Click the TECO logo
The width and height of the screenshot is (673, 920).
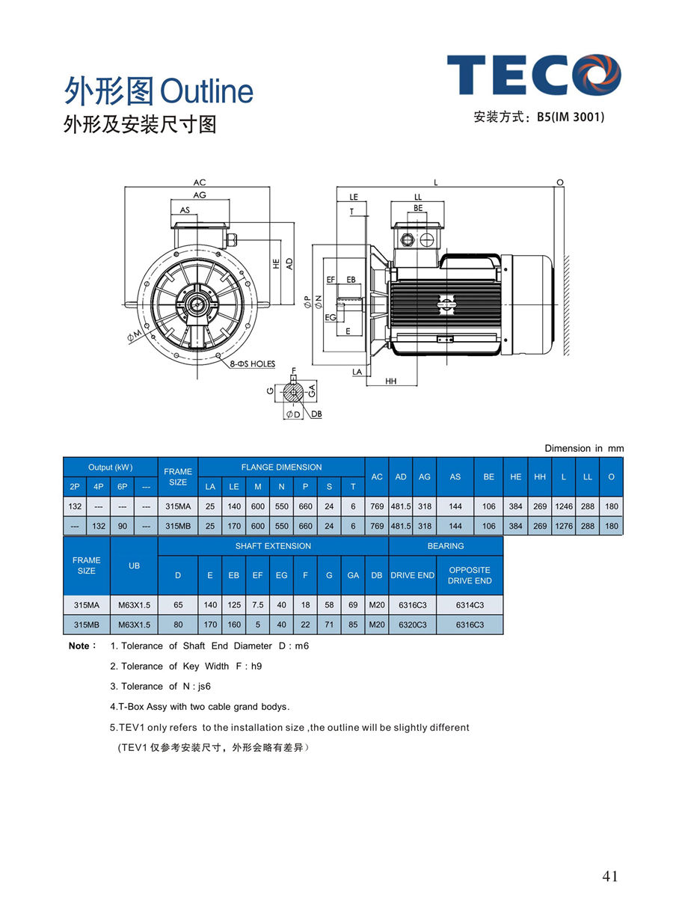tap(534, 74)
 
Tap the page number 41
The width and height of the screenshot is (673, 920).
tap(610, 877)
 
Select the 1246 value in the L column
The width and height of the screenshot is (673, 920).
tap(564, 506)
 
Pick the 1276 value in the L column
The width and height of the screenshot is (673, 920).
tap(564, 526)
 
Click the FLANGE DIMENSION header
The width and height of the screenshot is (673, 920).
tap(281, 467)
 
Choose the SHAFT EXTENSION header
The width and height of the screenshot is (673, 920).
tap(273, 546)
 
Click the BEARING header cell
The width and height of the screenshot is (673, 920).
tap(446, 546)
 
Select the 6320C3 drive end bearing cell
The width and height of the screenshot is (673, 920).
tap(412, 625)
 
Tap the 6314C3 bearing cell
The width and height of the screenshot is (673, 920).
tap(470, 604)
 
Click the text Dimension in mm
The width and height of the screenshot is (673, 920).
tap(583, 448)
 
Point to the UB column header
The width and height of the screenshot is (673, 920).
tap(134, 565)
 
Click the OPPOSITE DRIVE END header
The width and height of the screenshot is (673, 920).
tap(470, 575)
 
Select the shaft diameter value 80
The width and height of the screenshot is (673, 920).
tap(178, 625)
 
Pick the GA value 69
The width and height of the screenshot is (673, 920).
tap(353, 604)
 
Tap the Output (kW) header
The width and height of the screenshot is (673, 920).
tap(110, 467)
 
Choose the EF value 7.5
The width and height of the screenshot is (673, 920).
tap(257, 604)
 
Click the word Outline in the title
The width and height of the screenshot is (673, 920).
tap(206, 92)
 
